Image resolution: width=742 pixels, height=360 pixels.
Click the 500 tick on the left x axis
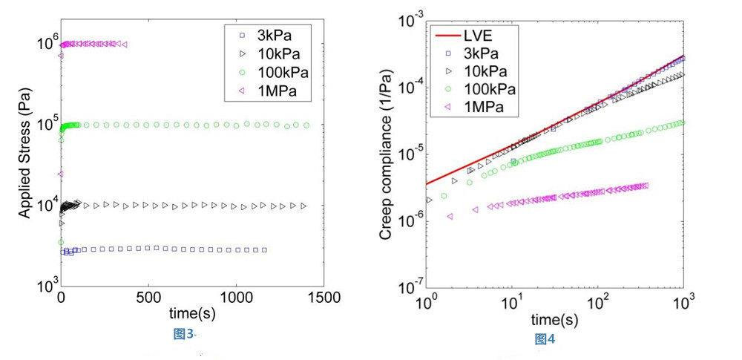pos(148,298)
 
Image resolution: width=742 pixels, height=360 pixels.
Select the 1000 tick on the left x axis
pos(236,298)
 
